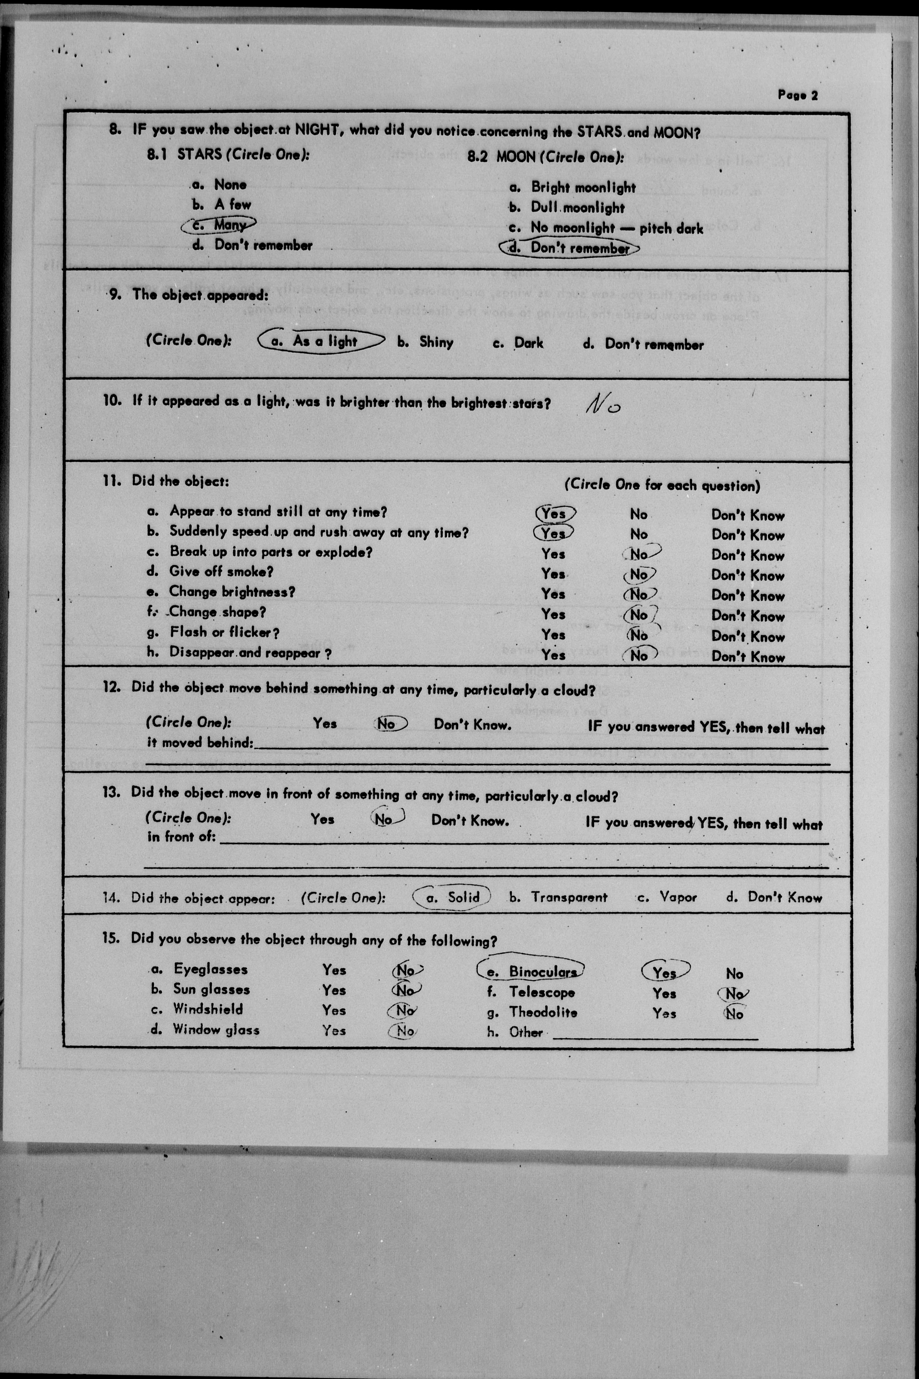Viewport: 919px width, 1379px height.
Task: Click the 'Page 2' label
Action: [x=797, y=95]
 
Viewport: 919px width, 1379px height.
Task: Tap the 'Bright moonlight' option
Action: [x=583, y=188]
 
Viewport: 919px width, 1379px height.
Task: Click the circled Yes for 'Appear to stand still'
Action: [x=554, y=513]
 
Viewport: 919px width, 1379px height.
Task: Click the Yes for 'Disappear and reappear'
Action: [x=553, y=655]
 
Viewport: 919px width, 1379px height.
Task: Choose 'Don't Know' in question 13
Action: [x=470, y=820]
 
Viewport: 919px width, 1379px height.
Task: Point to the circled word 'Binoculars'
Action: [x=542, y=972]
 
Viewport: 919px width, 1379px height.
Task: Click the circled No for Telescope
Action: [x=734, y=993]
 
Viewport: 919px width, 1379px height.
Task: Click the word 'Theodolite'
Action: [x=543, y=1012]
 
